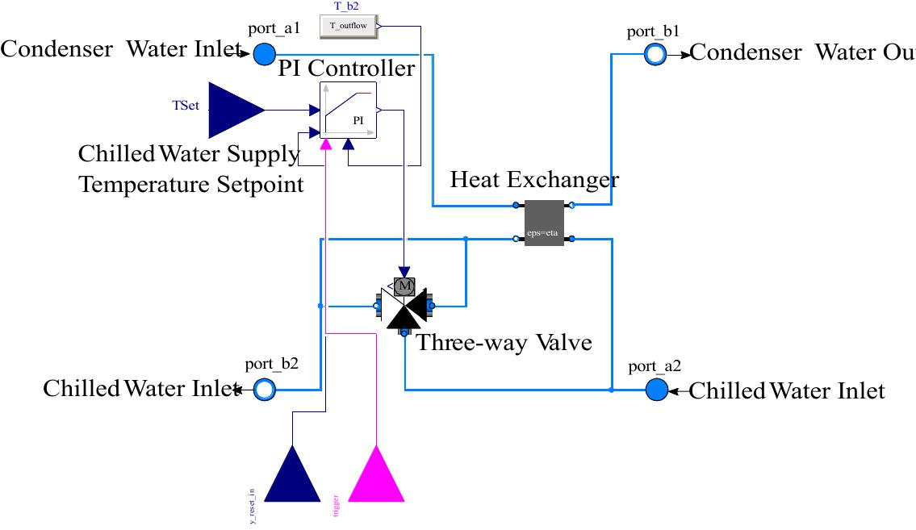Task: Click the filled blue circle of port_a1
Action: pyautogui.click(x=264, y=54)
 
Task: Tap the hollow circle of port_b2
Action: pyautogui.click(x=264, y=390)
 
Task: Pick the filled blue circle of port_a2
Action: pyautogui.click(x=657, y=390)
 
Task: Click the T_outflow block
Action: pyautogui.click(x=348, y=26)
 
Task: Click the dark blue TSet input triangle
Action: pyautogui.click(x=235, y=110)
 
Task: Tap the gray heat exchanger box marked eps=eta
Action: pyautogui.click(x=544, y=223)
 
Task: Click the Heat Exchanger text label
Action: pyautogui.click(x=534, y=179)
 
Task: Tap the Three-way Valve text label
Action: pyautogui.click(x=504, y=342)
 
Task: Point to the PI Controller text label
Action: pyautogui.click(x=346, y=69)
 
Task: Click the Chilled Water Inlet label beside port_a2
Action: pyautogui.click(x=787, y=391)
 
